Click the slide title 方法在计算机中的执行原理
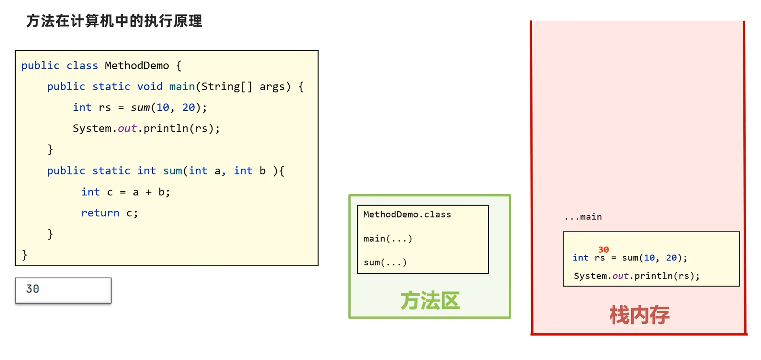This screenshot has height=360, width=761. coord(114,21)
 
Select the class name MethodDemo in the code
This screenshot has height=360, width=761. coord(137,66)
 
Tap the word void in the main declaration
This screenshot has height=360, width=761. coord(149,87)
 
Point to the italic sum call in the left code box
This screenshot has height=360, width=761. coord(140,108)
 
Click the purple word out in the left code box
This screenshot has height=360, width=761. coord(127,129)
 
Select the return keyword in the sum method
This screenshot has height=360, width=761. coord(100,213)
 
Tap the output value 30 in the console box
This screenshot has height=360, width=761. coord(33,289)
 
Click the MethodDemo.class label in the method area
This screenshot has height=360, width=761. coord(407,215)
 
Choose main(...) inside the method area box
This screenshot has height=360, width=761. coord(387,239)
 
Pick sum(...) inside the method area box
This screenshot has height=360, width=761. coord(385,263)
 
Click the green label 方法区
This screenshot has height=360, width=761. coord(430,301)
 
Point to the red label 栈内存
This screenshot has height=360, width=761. coord(639,315)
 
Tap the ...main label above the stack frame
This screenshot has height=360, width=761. coord(583,217)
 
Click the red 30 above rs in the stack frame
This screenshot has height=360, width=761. coord(603,250)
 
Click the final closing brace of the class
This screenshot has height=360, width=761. coord(24,255)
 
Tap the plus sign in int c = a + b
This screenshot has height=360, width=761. coord(148,193)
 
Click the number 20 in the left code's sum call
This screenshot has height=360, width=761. coord(188,108)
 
